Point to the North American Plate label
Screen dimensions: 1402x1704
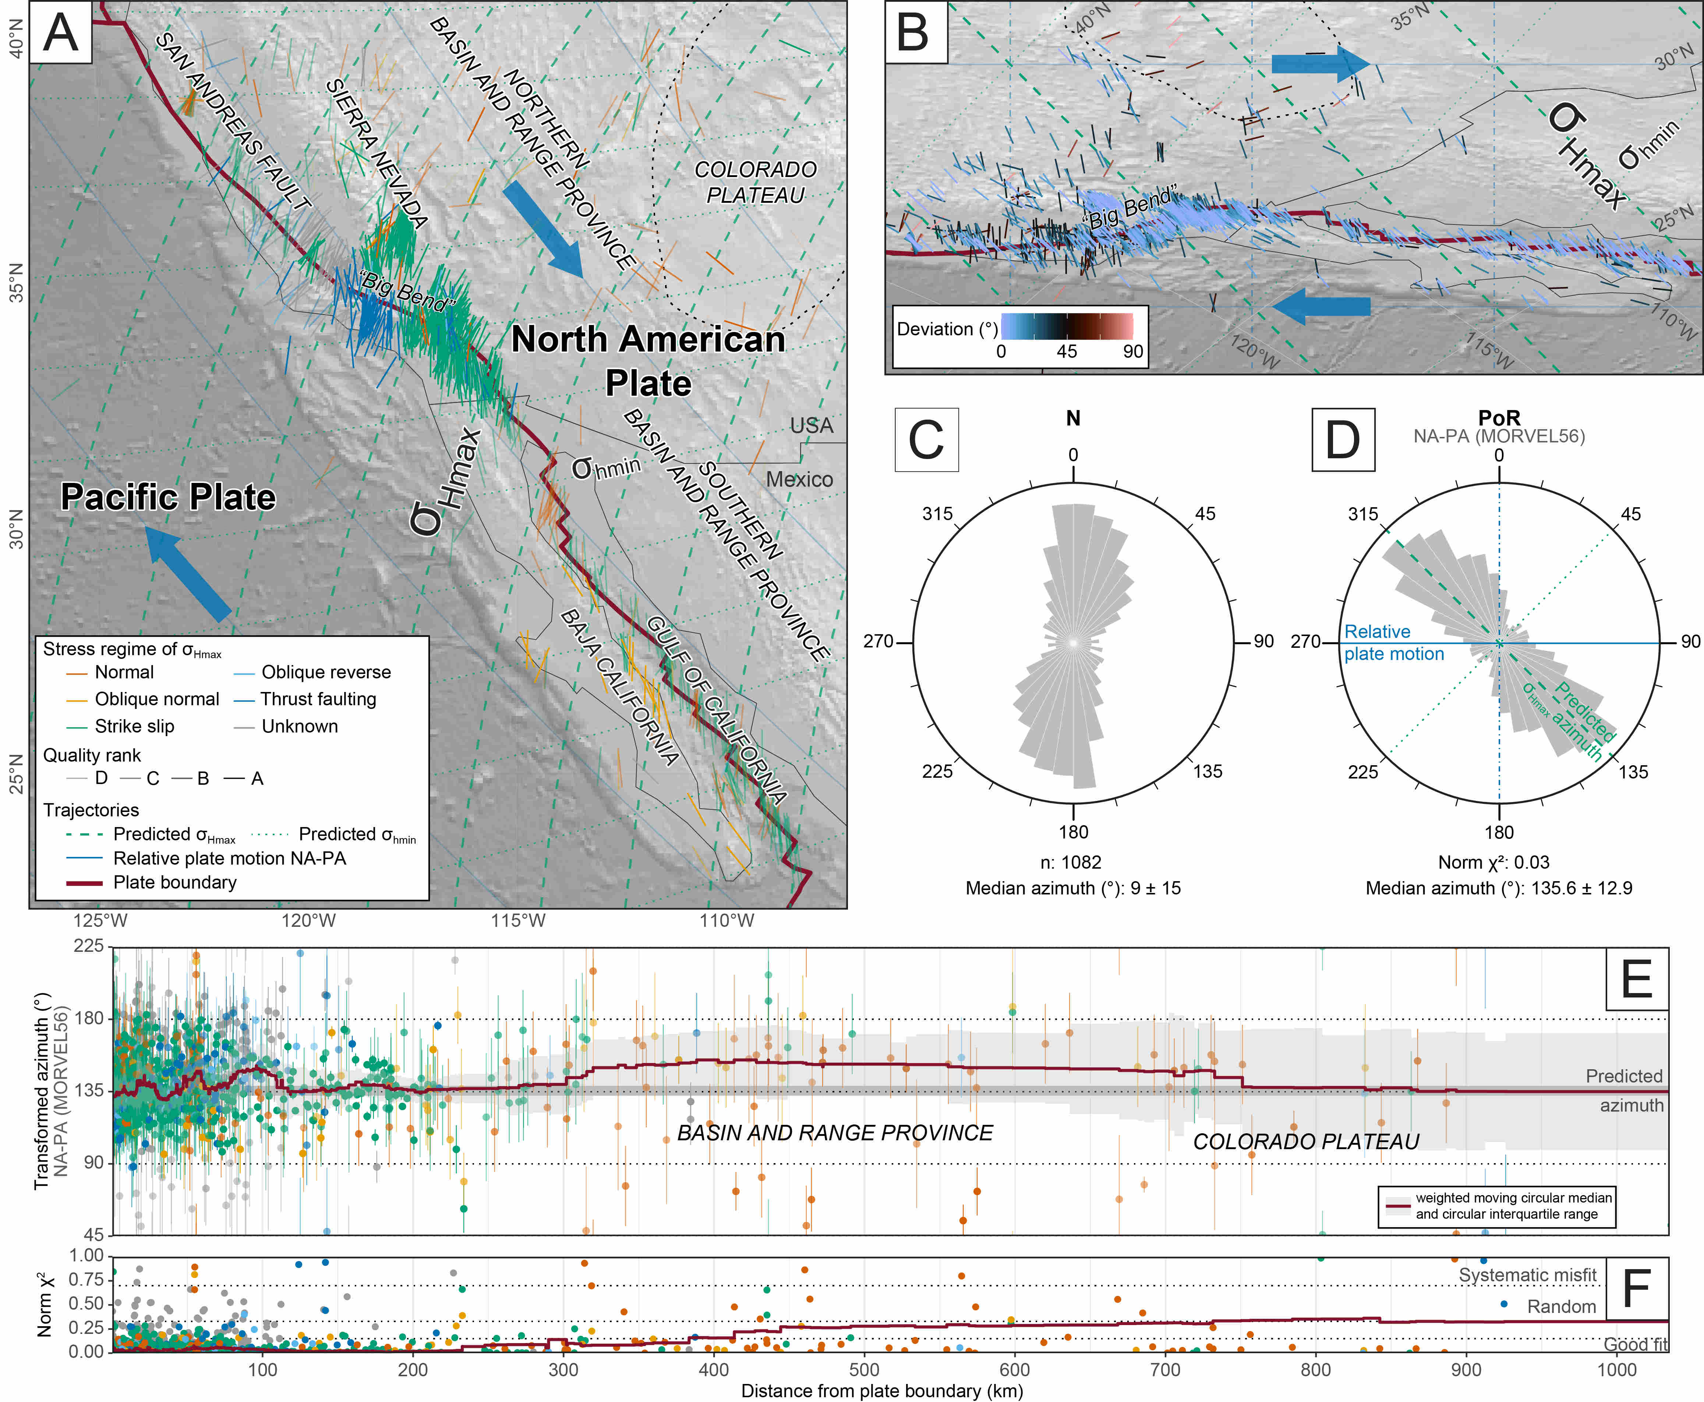click(648, 360)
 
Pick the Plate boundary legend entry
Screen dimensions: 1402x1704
click(174, 883)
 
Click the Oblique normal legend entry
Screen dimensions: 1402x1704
click(157, 699)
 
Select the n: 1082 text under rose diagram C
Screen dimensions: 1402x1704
click(1072, 862)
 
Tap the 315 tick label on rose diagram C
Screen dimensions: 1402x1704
click(938, 513)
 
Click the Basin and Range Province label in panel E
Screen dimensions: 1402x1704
click(835, 1133)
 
